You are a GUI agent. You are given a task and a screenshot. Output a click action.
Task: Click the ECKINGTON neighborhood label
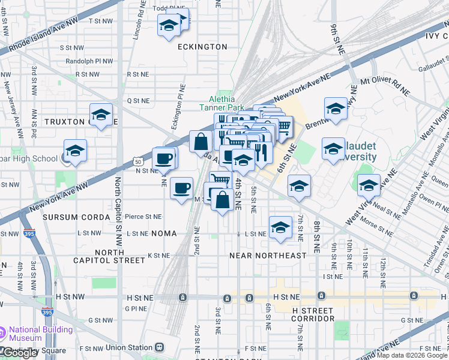(x=202, y=47)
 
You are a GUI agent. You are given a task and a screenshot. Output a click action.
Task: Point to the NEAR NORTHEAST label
(x=268, y=256)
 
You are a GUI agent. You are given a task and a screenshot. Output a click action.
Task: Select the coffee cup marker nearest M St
(x=181, y=188)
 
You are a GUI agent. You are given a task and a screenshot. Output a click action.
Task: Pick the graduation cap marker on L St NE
(x=280, y=227)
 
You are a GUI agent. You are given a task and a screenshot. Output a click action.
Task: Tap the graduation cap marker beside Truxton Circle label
(x=101, y=115)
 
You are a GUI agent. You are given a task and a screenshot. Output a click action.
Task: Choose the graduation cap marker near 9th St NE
(x=336, y=109)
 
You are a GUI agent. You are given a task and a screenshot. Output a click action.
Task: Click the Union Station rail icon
(x=160, y=347)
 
